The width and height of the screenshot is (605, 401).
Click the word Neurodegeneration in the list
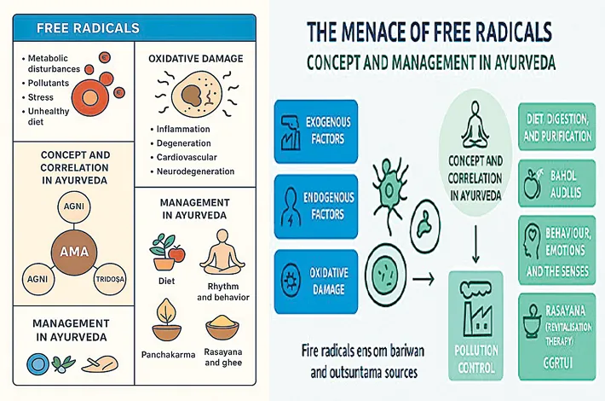(195, 171)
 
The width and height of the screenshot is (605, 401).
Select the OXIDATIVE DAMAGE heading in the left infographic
(194, 59)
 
